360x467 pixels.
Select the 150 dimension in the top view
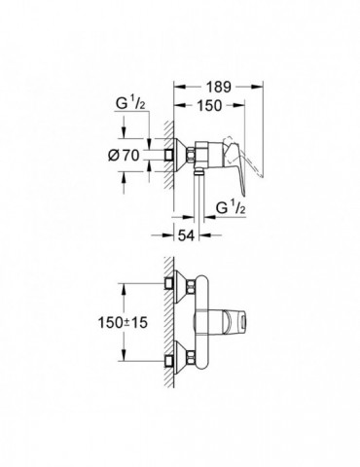point(209,105)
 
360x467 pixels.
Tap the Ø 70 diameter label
point(124,156)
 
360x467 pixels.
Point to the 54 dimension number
point(186,235)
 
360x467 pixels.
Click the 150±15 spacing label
point(123,322)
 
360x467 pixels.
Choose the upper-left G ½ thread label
point(130,103)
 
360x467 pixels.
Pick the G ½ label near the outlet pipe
point(231,207)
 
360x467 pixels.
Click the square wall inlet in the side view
point(169,155)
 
